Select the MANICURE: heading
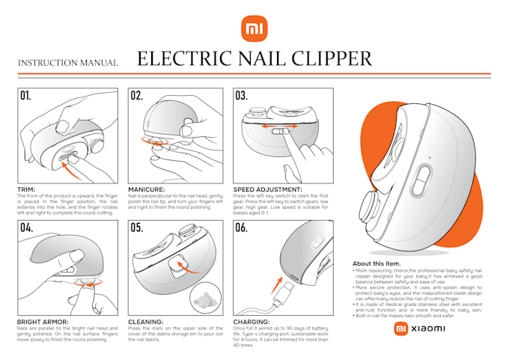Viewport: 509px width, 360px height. click(x=146, y=190)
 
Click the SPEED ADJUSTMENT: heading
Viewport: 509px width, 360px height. click(x=267, y=190)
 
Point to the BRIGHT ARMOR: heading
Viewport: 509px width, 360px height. click(x=42, y=323)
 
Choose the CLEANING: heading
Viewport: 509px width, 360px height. click(x=145, y=323)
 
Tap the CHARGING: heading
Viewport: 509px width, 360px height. click(x=252, y=323)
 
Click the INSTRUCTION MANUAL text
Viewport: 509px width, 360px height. click(x=68, y=63)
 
